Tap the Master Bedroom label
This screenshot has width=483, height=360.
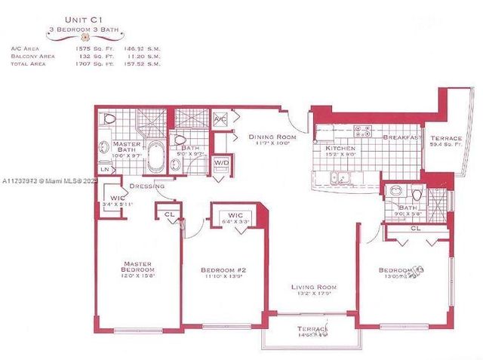(x=139, y=266)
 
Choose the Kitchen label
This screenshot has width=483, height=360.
(x=340, y=149)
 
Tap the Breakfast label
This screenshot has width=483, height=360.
(x=401, y=137)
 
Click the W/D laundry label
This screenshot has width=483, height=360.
(x=222, y=162)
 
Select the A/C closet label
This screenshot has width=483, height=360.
(x=220, y=120)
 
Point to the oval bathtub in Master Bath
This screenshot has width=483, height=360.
(x=156, y=156)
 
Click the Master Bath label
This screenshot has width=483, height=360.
(x=122, y=147)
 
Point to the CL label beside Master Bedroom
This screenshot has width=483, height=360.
(x=170, y=214)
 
